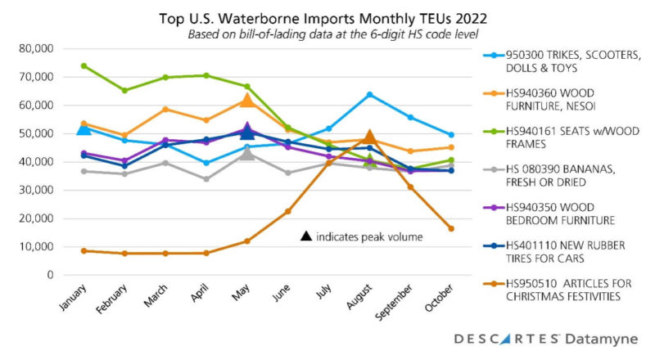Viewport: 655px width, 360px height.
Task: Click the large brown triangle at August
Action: (369, 137)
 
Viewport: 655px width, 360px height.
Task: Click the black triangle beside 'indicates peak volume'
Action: (306, 236)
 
